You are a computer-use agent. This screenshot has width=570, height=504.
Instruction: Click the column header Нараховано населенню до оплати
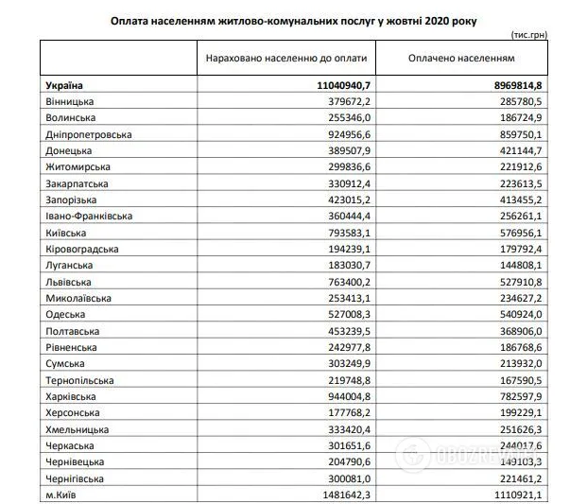click(286, 59)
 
